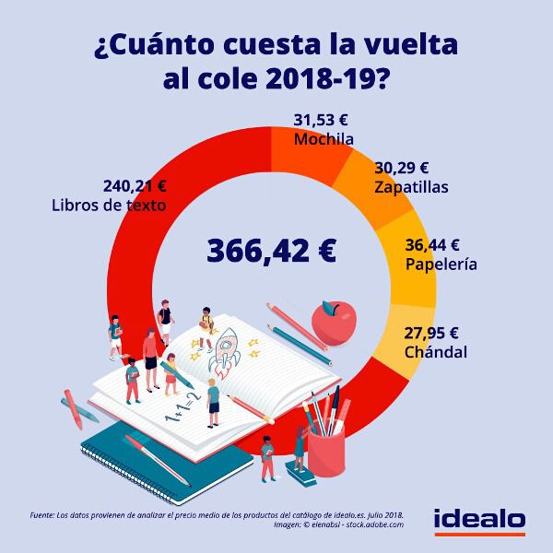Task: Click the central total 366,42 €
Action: tap(271, 250)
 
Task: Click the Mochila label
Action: tap(324, 139)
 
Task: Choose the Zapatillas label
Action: tap(411, 186)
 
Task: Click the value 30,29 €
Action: tap(402, 168)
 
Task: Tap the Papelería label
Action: tap(441, 264)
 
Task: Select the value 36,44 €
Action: tap(432, 245)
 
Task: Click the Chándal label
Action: tap(436, 352)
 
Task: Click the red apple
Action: tap(330, 320)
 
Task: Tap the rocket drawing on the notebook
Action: tap(226, 349)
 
